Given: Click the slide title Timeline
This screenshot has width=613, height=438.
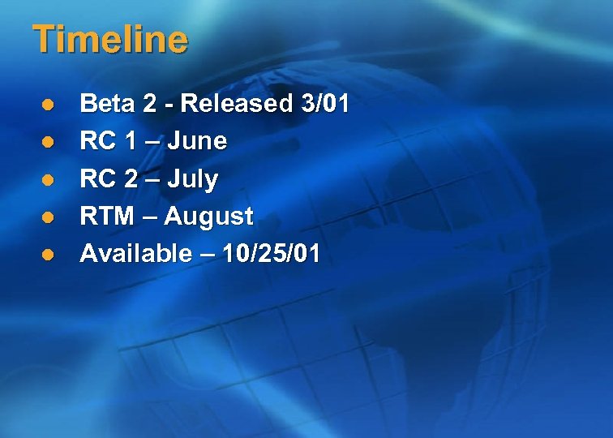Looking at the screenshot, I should (x=110, y=40).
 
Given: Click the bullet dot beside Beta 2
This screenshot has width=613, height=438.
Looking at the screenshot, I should (x=48, y=105).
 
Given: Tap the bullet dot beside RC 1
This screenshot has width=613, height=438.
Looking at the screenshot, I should (x=48, y=142).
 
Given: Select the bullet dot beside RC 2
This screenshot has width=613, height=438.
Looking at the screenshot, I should (x=48, y=179).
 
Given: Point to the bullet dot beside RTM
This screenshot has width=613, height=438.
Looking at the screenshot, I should (x=48, y=217).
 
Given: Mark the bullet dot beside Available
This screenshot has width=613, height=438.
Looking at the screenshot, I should (x=48, y=255).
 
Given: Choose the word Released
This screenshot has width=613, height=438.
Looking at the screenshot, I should (x=235, y=104).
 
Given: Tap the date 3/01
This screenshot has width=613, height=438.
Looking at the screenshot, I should (x=324, y=104).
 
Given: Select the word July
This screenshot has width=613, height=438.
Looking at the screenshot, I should (x=192, y=179).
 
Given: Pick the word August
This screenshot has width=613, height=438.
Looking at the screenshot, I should (x=209, y=217).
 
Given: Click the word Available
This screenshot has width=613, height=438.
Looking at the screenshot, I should (x=135, y=254).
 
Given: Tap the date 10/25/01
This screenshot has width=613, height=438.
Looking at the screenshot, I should (x=272, y=254).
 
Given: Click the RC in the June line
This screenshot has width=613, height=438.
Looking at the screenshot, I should (x=96, y=141).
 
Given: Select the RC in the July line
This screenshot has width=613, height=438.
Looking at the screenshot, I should (x=96, y=178).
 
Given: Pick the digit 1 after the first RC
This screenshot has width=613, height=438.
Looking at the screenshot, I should (x=130, y=141).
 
